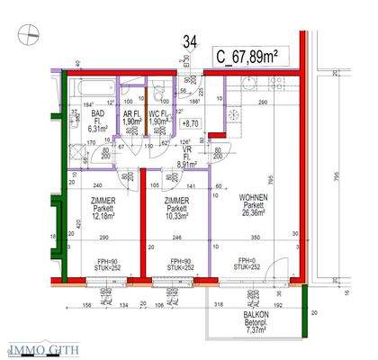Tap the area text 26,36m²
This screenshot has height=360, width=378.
tap(253, 214)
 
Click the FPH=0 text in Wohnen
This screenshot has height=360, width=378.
tap(243, 261)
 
